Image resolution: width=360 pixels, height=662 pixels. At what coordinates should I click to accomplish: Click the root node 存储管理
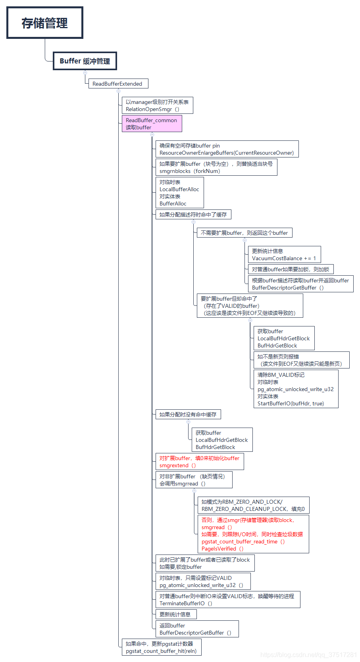[44, 23]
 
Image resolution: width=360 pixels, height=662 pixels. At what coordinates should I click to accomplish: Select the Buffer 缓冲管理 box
[85, 61]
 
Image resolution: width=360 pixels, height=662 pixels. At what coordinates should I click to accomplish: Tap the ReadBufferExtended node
[118, 84]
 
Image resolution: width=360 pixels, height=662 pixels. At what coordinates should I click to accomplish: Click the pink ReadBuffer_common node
[152, 124]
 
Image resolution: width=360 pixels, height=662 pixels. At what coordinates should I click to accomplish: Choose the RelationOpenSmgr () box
[157, 106]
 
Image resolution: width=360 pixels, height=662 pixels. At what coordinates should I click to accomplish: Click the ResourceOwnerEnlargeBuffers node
[227, 149]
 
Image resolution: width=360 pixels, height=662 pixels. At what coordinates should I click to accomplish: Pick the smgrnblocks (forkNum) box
[216, 167]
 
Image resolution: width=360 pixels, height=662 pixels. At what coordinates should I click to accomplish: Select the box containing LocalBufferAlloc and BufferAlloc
[179, 193]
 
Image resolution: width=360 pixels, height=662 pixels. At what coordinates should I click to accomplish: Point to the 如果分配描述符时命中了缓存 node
[193, 215]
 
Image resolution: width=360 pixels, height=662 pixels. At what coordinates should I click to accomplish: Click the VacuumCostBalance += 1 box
[284, 255]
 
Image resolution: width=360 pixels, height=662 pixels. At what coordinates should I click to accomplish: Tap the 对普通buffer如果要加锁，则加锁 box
[291, 269]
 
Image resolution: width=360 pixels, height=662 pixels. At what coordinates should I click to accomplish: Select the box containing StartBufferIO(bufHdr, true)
[296, 389]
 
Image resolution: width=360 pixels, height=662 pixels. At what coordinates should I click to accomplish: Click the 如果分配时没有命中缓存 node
[188, 414]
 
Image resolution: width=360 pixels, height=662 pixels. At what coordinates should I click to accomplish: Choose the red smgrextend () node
[199, 462]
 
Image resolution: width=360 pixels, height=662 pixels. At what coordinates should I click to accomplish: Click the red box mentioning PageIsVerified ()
[253, 534]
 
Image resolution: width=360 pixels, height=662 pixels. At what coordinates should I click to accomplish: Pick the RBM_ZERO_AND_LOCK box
[253, 505]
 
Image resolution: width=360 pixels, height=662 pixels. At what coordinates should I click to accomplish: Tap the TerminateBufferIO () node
[227, 600]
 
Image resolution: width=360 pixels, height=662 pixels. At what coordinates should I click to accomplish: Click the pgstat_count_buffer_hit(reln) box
[161, 647]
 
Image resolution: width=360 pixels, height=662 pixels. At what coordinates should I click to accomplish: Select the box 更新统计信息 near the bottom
[176, 614]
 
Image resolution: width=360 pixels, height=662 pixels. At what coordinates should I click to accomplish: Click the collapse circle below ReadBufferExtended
[119, 91]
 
